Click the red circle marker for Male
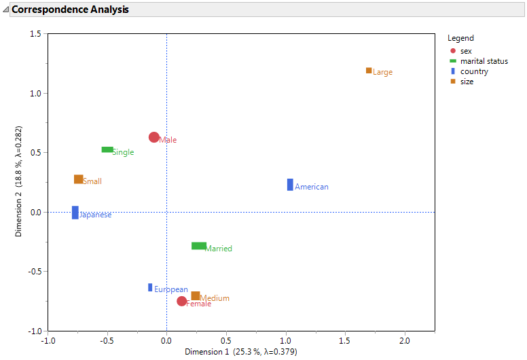tap(154, 137)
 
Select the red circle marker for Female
tap(182, 301)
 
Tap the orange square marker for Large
tap(369, 71)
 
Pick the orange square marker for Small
tap(79, 179)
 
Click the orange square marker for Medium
tap(196, 296)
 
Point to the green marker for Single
tap(107, 149)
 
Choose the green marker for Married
tap(199, 246)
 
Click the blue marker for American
tap(290, 185)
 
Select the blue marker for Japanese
tap(75, 213)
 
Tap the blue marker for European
tap(150, 287)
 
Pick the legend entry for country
tap(474, 71)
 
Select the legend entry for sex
tap(466, 51)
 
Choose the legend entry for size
tap(467, 82)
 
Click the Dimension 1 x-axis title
tap(241, 352)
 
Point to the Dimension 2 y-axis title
tap(20, 181)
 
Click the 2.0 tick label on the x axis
tap(405, 340)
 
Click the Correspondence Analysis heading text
tap(70, 10)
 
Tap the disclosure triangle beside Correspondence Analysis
tap(6, 10)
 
